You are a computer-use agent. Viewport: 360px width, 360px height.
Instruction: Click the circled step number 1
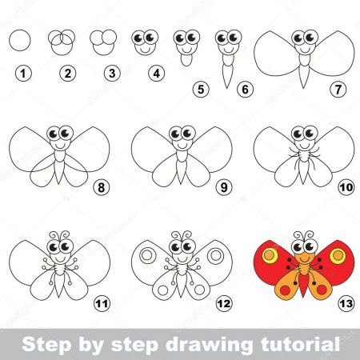coord(23,74)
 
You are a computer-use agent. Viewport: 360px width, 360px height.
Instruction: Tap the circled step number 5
coord(201,90)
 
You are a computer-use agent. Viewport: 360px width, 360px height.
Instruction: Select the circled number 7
coord(338,90)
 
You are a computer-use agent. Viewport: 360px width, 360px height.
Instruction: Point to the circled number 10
coord(346,187)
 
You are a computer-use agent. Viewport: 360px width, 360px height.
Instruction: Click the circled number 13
coord(346,303)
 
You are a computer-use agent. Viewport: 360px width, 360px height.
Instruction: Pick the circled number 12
coord(224,303)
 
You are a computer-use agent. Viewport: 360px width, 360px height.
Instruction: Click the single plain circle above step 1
coord(20,40)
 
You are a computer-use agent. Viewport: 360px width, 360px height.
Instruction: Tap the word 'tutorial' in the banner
coord(300,344)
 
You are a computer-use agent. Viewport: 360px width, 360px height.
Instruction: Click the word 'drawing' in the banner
coord(210,346)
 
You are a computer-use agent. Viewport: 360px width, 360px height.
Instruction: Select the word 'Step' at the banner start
coord(47,345)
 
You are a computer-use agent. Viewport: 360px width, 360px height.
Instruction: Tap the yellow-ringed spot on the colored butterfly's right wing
coord(338,256)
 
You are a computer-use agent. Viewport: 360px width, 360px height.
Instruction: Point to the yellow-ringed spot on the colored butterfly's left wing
coord(270,255)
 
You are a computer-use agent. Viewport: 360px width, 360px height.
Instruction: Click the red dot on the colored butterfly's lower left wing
coord(286,290)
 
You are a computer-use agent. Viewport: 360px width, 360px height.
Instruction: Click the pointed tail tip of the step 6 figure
coord(227,88)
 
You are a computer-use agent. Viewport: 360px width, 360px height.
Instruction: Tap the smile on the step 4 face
coord(146,50)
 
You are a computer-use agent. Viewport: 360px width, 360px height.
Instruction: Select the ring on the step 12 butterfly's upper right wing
coord(215,256)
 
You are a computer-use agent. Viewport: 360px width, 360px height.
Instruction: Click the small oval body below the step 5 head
coord(186,60)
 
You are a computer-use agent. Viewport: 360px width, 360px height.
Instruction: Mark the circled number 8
coord(102,187)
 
